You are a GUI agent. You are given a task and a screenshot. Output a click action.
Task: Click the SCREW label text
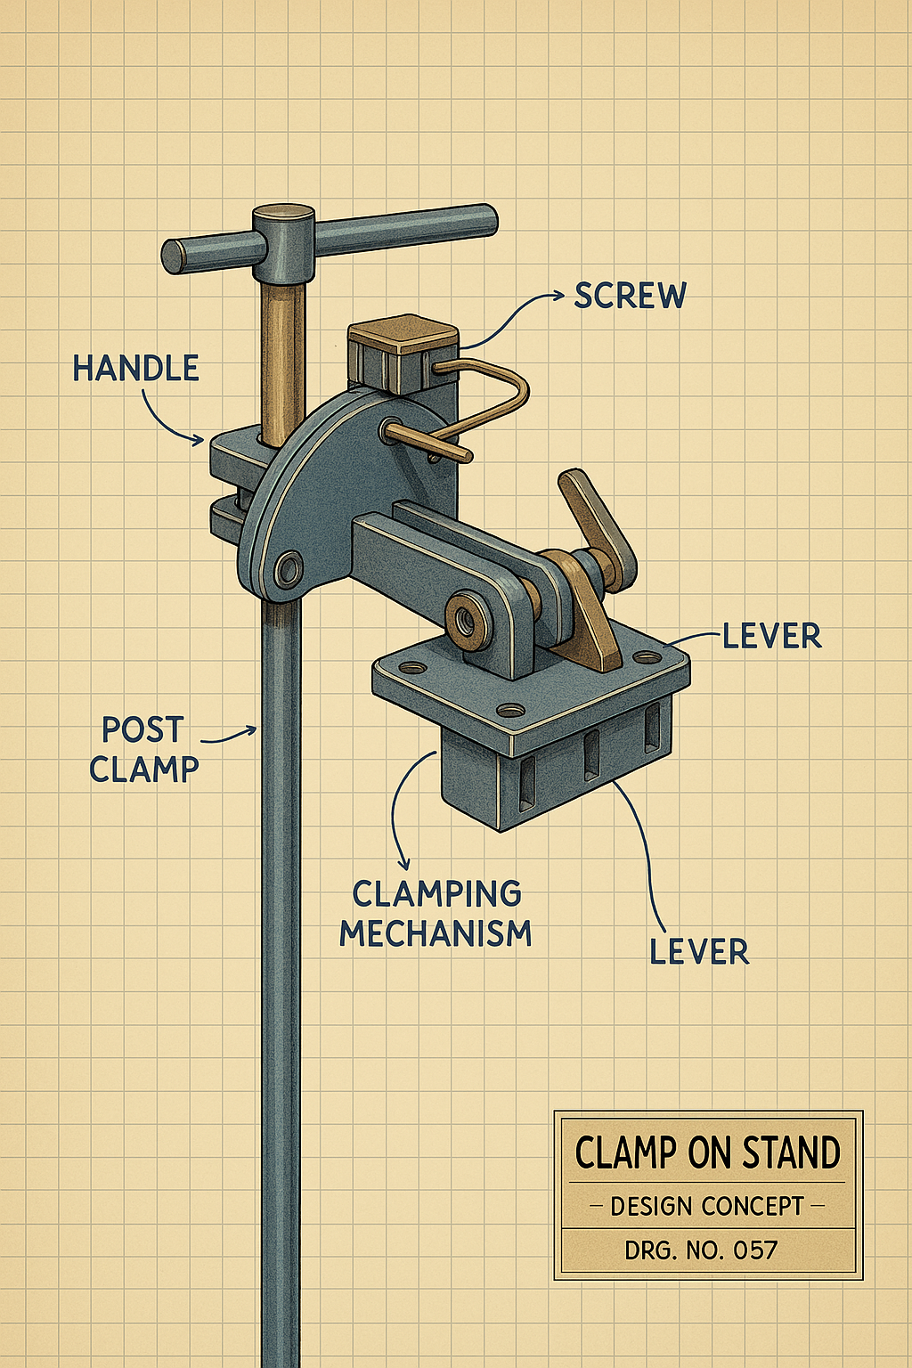point(630,296)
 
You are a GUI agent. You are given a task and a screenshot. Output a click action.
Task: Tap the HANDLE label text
point(135,369)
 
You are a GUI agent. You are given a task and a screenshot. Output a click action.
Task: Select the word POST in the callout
point(142,730)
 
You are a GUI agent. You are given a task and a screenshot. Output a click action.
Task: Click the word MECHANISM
point(436,933)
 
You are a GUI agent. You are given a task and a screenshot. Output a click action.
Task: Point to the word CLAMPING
point(436,893)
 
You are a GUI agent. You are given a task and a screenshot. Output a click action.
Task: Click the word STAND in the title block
point(791,1152)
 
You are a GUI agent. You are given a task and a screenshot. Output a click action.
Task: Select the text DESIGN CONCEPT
point(707,1207)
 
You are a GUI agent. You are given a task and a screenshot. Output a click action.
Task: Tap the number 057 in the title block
point(755,1250)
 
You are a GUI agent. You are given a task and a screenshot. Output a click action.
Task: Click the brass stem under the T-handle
point(282,356)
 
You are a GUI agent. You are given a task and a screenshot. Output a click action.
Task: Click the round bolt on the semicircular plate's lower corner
point(289,568)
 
